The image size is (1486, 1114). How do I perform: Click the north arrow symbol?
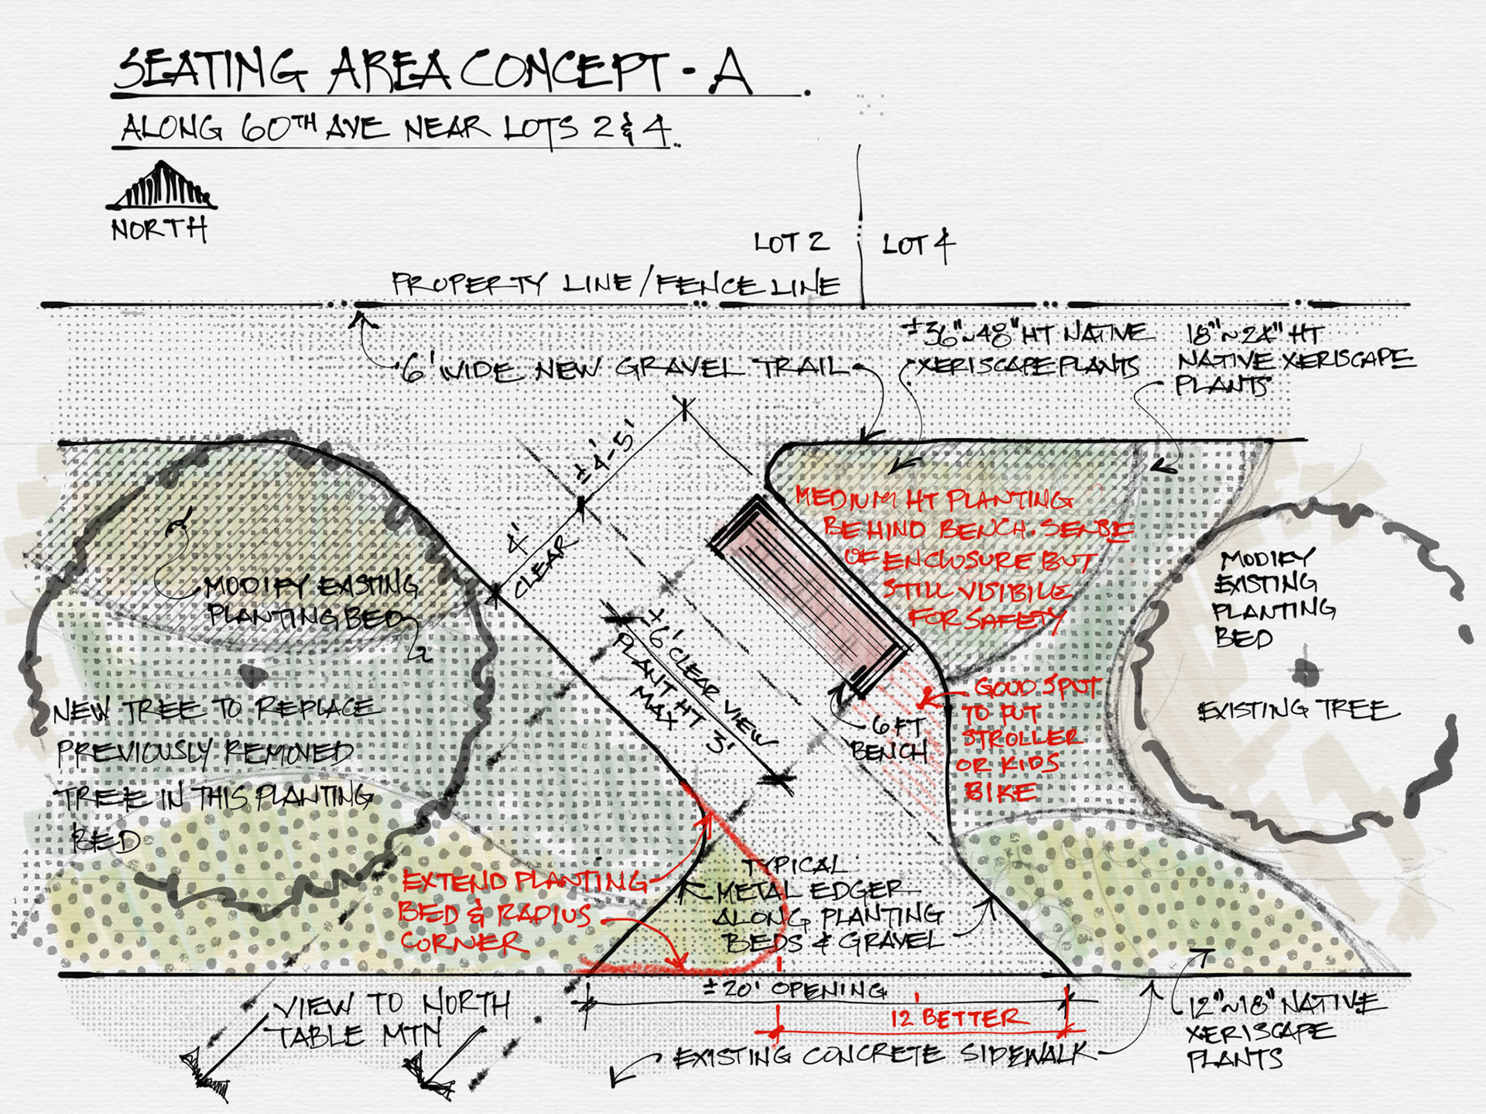point(162,187)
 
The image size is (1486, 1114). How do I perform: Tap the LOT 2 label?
point(791,242)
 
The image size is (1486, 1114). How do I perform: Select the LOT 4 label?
point(918,245)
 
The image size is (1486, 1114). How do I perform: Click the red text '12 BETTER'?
point(958,1017)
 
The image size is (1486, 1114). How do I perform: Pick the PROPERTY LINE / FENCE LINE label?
point(615,284)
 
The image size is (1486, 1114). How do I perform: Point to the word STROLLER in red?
point(1020,738)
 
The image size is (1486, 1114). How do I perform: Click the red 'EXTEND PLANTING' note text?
point(524,882)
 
